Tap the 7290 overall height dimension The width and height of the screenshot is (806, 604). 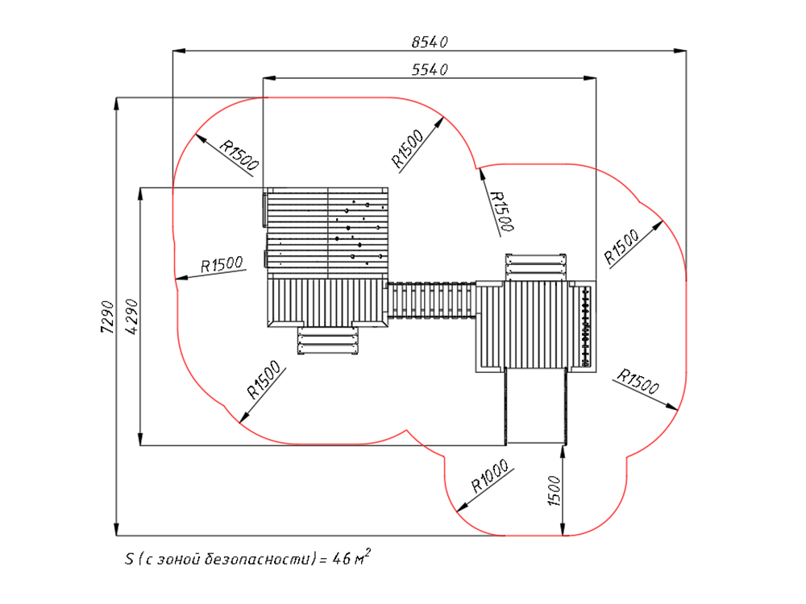[106, 317]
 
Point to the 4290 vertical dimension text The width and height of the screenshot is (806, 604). [131, 317]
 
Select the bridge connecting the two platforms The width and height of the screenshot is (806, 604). [431, 300]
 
